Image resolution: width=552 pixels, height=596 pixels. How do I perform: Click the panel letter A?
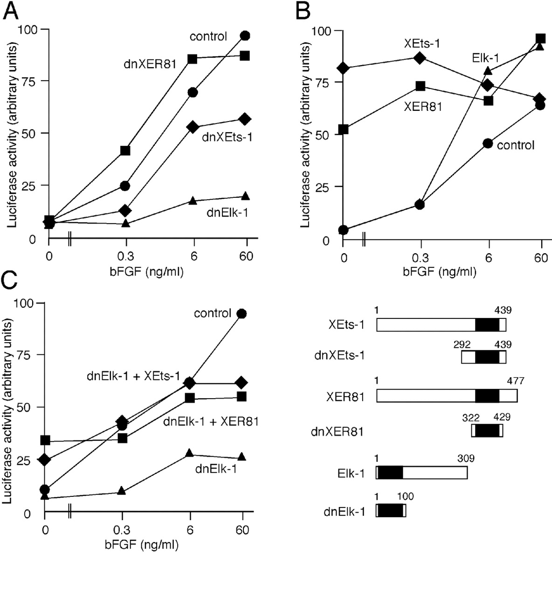[11, 10]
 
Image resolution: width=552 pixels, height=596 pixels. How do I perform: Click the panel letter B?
[303, 10]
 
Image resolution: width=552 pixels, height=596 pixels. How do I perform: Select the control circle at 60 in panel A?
[245, 35]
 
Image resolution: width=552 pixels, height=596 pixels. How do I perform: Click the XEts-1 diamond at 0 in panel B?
[344, 68]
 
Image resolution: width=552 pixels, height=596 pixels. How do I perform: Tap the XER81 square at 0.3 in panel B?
[420, 86]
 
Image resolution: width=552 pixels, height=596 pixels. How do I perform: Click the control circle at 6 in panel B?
[488, 143]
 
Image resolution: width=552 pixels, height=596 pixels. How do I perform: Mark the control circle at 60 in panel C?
[241, 313]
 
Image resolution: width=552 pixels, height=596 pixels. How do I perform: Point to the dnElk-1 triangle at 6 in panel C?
[189, 453]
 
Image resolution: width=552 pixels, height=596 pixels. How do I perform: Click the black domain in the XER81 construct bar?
[487, 396]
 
